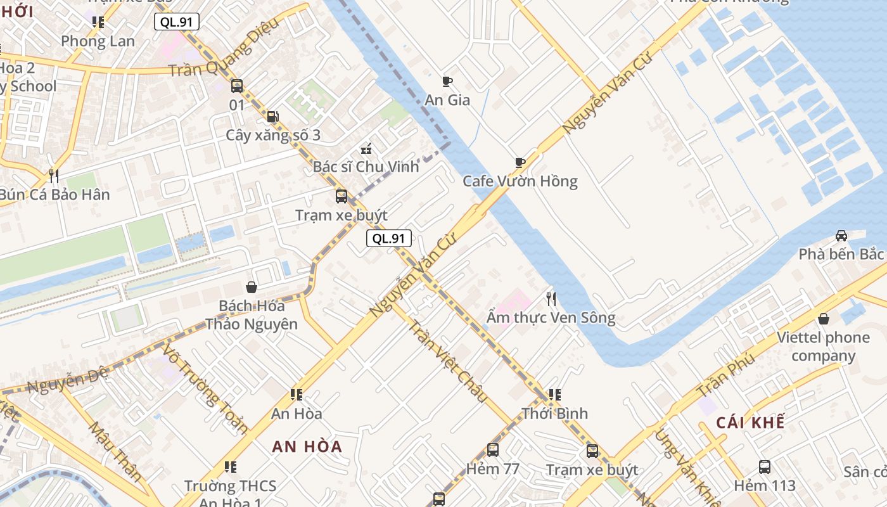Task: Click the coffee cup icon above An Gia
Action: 447,81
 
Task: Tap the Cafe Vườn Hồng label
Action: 520,181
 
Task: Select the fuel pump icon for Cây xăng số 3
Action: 272,117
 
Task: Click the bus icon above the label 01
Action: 237,86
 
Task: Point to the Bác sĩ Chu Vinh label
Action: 366,167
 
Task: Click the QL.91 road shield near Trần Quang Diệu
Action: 177,22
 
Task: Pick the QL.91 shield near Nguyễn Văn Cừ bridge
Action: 389,238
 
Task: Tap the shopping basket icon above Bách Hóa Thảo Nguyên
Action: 252,288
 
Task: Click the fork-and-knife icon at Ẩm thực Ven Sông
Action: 551,298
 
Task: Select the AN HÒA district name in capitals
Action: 307,446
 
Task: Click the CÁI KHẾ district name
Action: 751,423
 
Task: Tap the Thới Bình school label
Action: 555,413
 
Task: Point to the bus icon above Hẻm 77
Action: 493,451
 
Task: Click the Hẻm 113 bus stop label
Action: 765,485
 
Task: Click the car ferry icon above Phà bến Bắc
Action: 841,236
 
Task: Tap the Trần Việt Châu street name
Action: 447,361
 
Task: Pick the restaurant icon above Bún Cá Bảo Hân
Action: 54,176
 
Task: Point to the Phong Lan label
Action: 98,41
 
